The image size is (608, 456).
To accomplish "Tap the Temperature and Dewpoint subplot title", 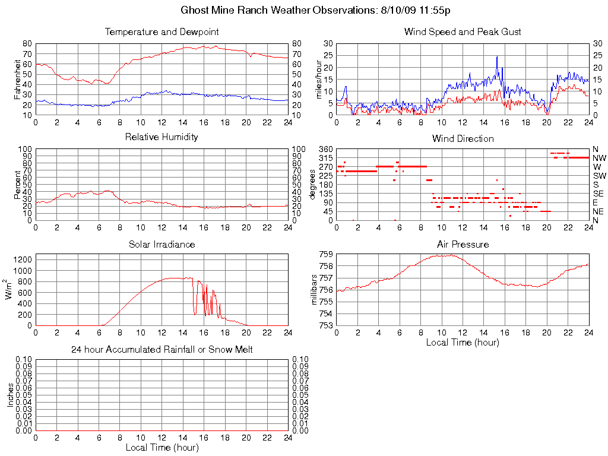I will point(161,31).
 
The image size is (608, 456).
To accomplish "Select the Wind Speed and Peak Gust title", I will point(463,31).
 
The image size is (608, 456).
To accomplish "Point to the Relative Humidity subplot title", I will point(161,137).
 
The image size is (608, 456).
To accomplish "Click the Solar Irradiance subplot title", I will point(161,244).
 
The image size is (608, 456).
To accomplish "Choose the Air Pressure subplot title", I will point(463,244).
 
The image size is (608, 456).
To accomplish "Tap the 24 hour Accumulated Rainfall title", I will point(161,350).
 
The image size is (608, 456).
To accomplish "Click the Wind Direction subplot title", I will point(463,138).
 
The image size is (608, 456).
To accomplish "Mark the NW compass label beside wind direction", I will point(599,158).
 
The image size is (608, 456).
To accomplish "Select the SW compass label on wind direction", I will point(599,176).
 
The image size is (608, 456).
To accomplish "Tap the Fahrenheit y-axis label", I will point(18,79).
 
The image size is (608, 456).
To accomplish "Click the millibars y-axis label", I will point(315,290).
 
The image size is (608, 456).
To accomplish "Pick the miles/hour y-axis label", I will point(319,79).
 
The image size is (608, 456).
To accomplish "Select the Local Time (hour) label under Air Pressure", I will point(463,342).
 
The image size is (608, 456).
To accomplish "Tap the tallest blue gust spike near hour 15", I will point(497,57).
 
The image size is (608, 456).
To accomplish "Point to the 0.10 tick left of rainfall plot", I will point(24,360).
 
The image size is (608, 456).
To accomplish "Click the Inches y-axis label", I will point(11,395).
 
